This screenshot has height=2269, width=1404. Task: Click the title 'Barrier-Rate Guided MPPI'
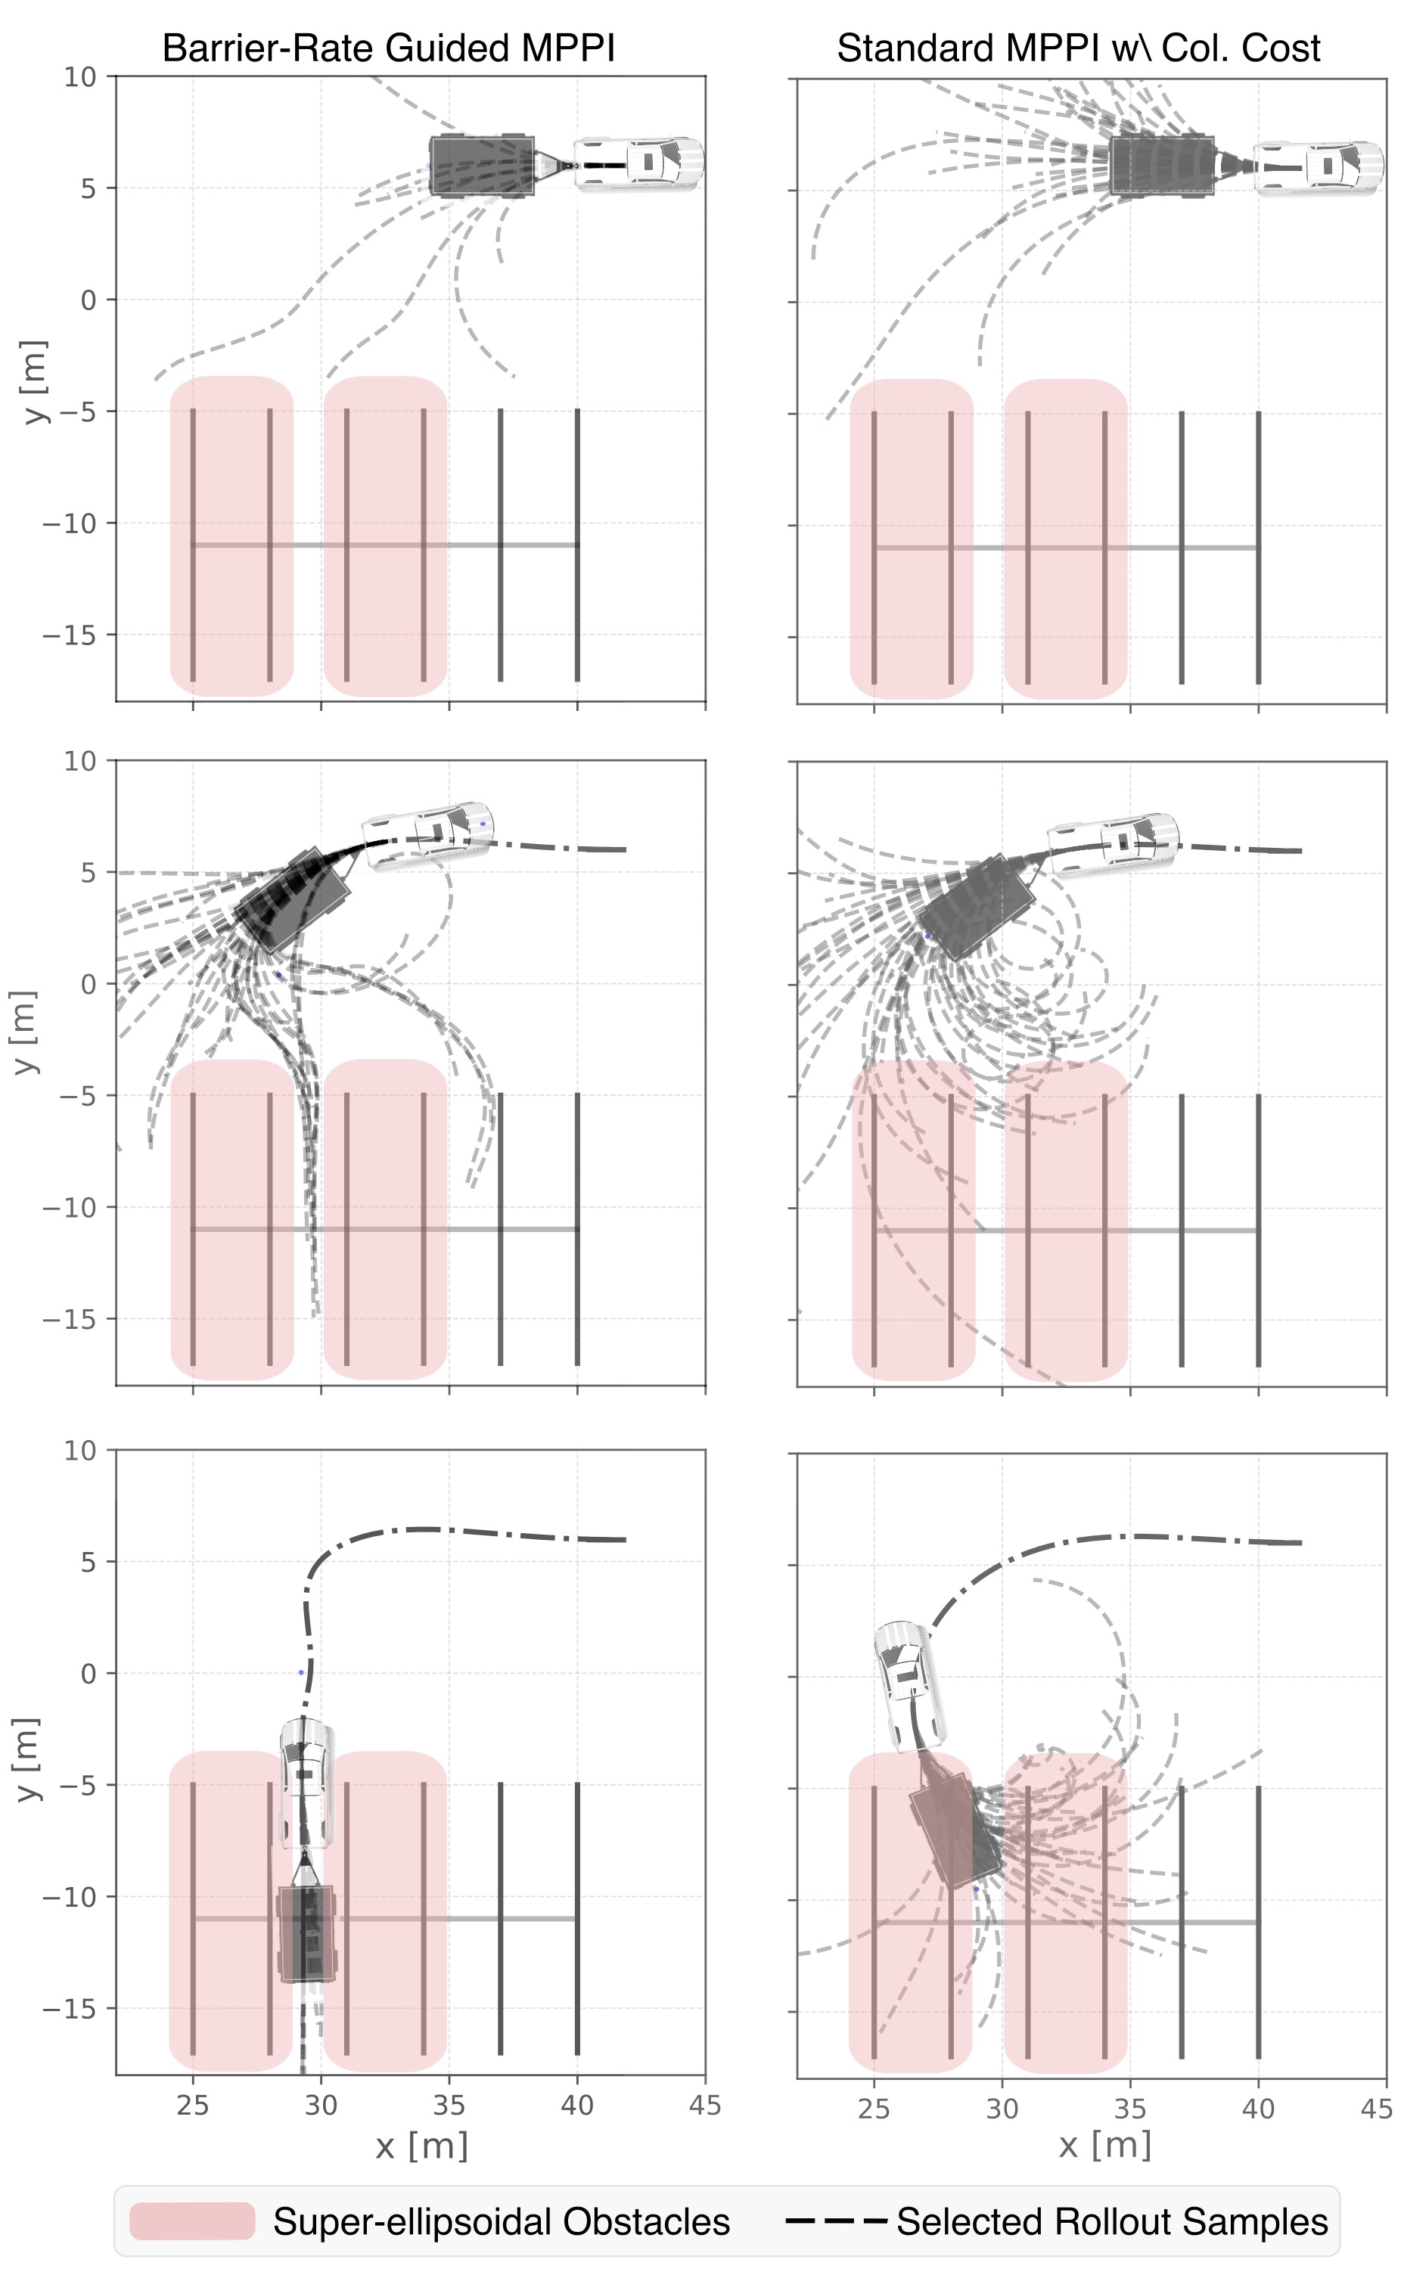click(x=388, y=48)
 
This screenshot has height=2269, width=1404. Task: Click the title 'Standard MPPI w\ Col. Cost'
click(x=1078, y=48)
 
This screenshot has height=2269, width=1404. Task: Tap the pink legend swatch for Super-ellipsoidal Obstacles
click(x=192, y=2221)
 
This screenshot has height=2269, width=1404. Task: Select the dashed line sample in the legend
click(x=836, y=2221)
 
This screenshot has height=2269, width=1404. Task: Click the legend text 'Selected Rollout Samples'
click(x=1111, y=2221)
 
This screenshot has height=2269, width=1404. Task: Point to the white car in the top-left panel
click(x=638, y=163)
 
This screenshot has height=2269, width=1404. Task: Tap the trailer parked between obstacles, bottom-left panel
click(x=306, y=1935)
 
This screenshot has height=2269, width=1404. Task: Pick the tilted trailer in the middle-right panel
click(x=975, y=905)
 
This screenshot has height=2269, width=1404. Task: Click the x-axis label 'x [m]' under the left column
click(x=421, y=2146)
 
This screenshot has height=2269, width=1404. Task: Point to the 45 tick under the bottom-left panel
click(x=705, y=2106)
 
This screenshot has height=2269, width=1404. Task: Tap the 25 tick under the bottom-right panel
click(x=874, y=2109)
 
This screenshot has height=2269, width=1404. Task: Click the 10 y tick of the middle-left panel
click(x=80, y=762)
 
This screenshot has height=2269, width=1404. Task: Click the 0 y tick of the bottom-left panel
click(x=89, y=1674)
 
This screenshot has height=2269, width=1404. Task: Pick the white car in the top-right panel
click(x=1319, y=167)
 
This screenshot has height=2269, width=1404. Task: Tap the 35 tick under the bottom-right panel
click(x=1130, y=2109)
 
